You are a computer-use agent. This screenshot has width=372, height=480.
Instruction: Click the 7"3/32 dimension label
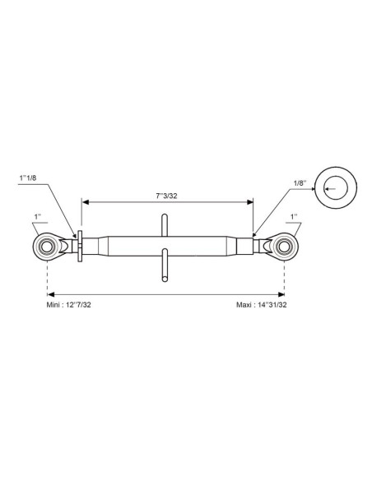point(166,196)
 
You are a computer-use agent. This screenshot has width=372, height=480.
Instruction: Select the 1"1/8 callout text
point(28,178)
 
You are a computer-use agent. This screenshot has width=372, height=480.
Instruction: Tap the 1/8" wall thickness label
point(300,183)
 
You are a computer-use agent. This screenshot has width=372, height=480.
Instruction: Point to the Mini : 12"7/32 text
point(68,305)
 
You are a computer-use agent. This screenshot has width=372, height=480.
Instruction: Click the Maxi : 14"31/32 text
point(262,305)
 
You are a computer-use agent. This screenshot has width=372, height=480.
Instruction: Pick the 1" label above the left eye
point(38,217)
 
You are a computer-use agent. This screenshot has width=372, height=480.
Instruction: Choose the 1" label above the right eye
point(294,217)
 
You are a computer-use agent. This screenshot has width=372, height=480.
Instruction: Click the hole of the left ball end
point(47,247)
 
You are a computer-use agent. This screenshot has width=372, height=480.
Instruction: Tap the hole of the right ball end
point(284,247)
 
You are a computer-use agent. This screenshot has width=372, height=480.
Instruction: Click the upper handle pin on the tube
point(165,225)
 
